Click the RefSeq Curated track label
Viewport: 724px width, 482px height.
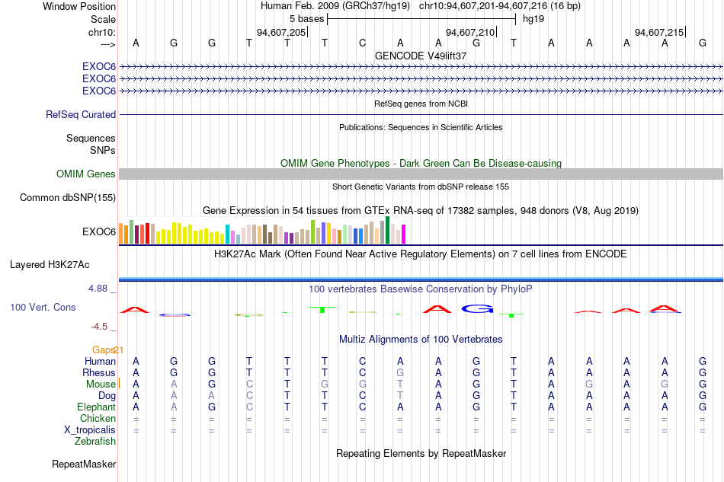(81, 114)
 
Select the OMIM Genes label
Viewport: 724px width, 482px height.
(86, 174)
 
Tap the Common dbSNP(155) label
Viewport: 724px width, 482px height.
(68, 197)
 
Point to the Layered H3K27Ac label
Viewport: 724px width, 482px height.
(50, 265)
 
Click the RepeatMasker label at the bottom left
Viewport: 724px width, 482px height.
(84, 464)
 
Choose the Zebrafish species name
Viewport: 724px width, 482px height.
(95, 442)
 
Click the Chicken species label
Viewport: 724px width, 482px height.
(98, 418)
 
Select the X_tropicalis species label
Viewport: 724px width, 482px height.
(90, 430)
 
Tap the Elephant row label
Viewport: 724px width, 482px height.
(97, 407)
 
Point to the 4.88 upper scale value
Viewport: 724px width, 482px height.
(98, 289)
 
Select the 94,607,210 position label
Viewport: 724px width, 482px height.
(470, 32)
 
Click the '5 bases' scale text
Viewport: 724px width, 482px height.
(306, 19)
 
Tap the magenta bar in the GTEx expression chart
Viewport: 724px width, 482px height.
(404, 234)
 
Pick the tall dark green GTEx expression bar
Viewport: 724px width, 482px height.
(388, 230)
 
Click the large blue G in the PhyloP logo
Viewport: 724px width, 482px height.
(477, 308)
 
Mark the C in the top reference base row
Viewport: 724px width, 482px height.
(363, 43)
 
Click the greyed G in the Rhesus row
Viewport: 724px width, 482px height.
(400, 372)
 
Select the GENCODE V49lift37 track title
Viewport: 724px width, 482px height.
(421, 56)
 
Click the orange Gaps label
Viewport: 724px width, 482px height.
(103, 350)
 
